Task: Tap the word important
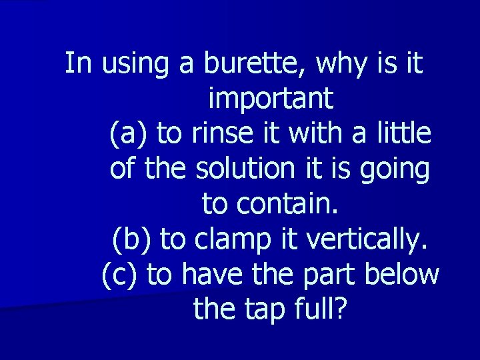point(270,99)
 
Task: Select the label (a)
point(129,134)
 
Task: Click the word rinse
point(221,134)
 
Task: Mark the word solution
point(243,169)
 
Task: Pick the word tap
point(271,309)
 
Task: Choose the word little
point(406,134)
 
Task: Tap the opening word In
point(79,64)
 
